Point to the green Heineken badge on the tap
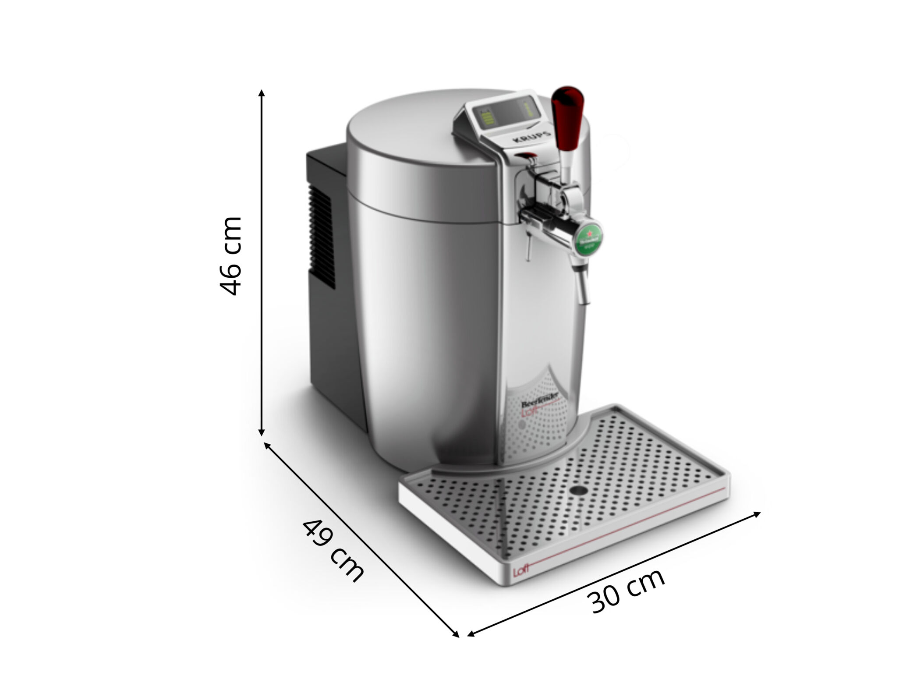(588, 239)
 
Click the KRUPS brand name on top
(531, 137)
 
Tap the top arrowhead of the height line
(262, 93)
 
